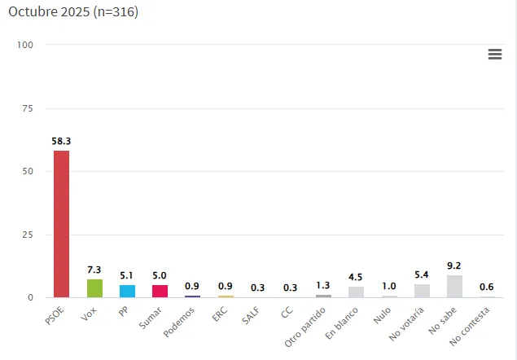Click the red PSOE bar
(x=61, y=224)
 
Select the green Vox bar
(x=94, y=288)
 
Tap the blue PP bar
(x=127, y=291)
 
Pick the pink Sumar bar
(x=160, y=291)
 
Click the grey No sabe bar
(x=454, y=286)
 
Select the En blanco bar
(x=356, y=292)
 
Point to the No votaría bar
(x=422, y=291)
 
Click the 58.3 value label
(x=61, y=141)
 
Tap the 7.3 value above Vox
(x=94, y=270)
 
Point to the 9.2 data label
(x=454, y=265)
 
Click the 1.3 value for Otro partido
(x=323, y=285)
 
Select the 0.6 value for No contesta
(x=487, y=287)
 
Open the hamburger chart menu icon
(x=494, y=54)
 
